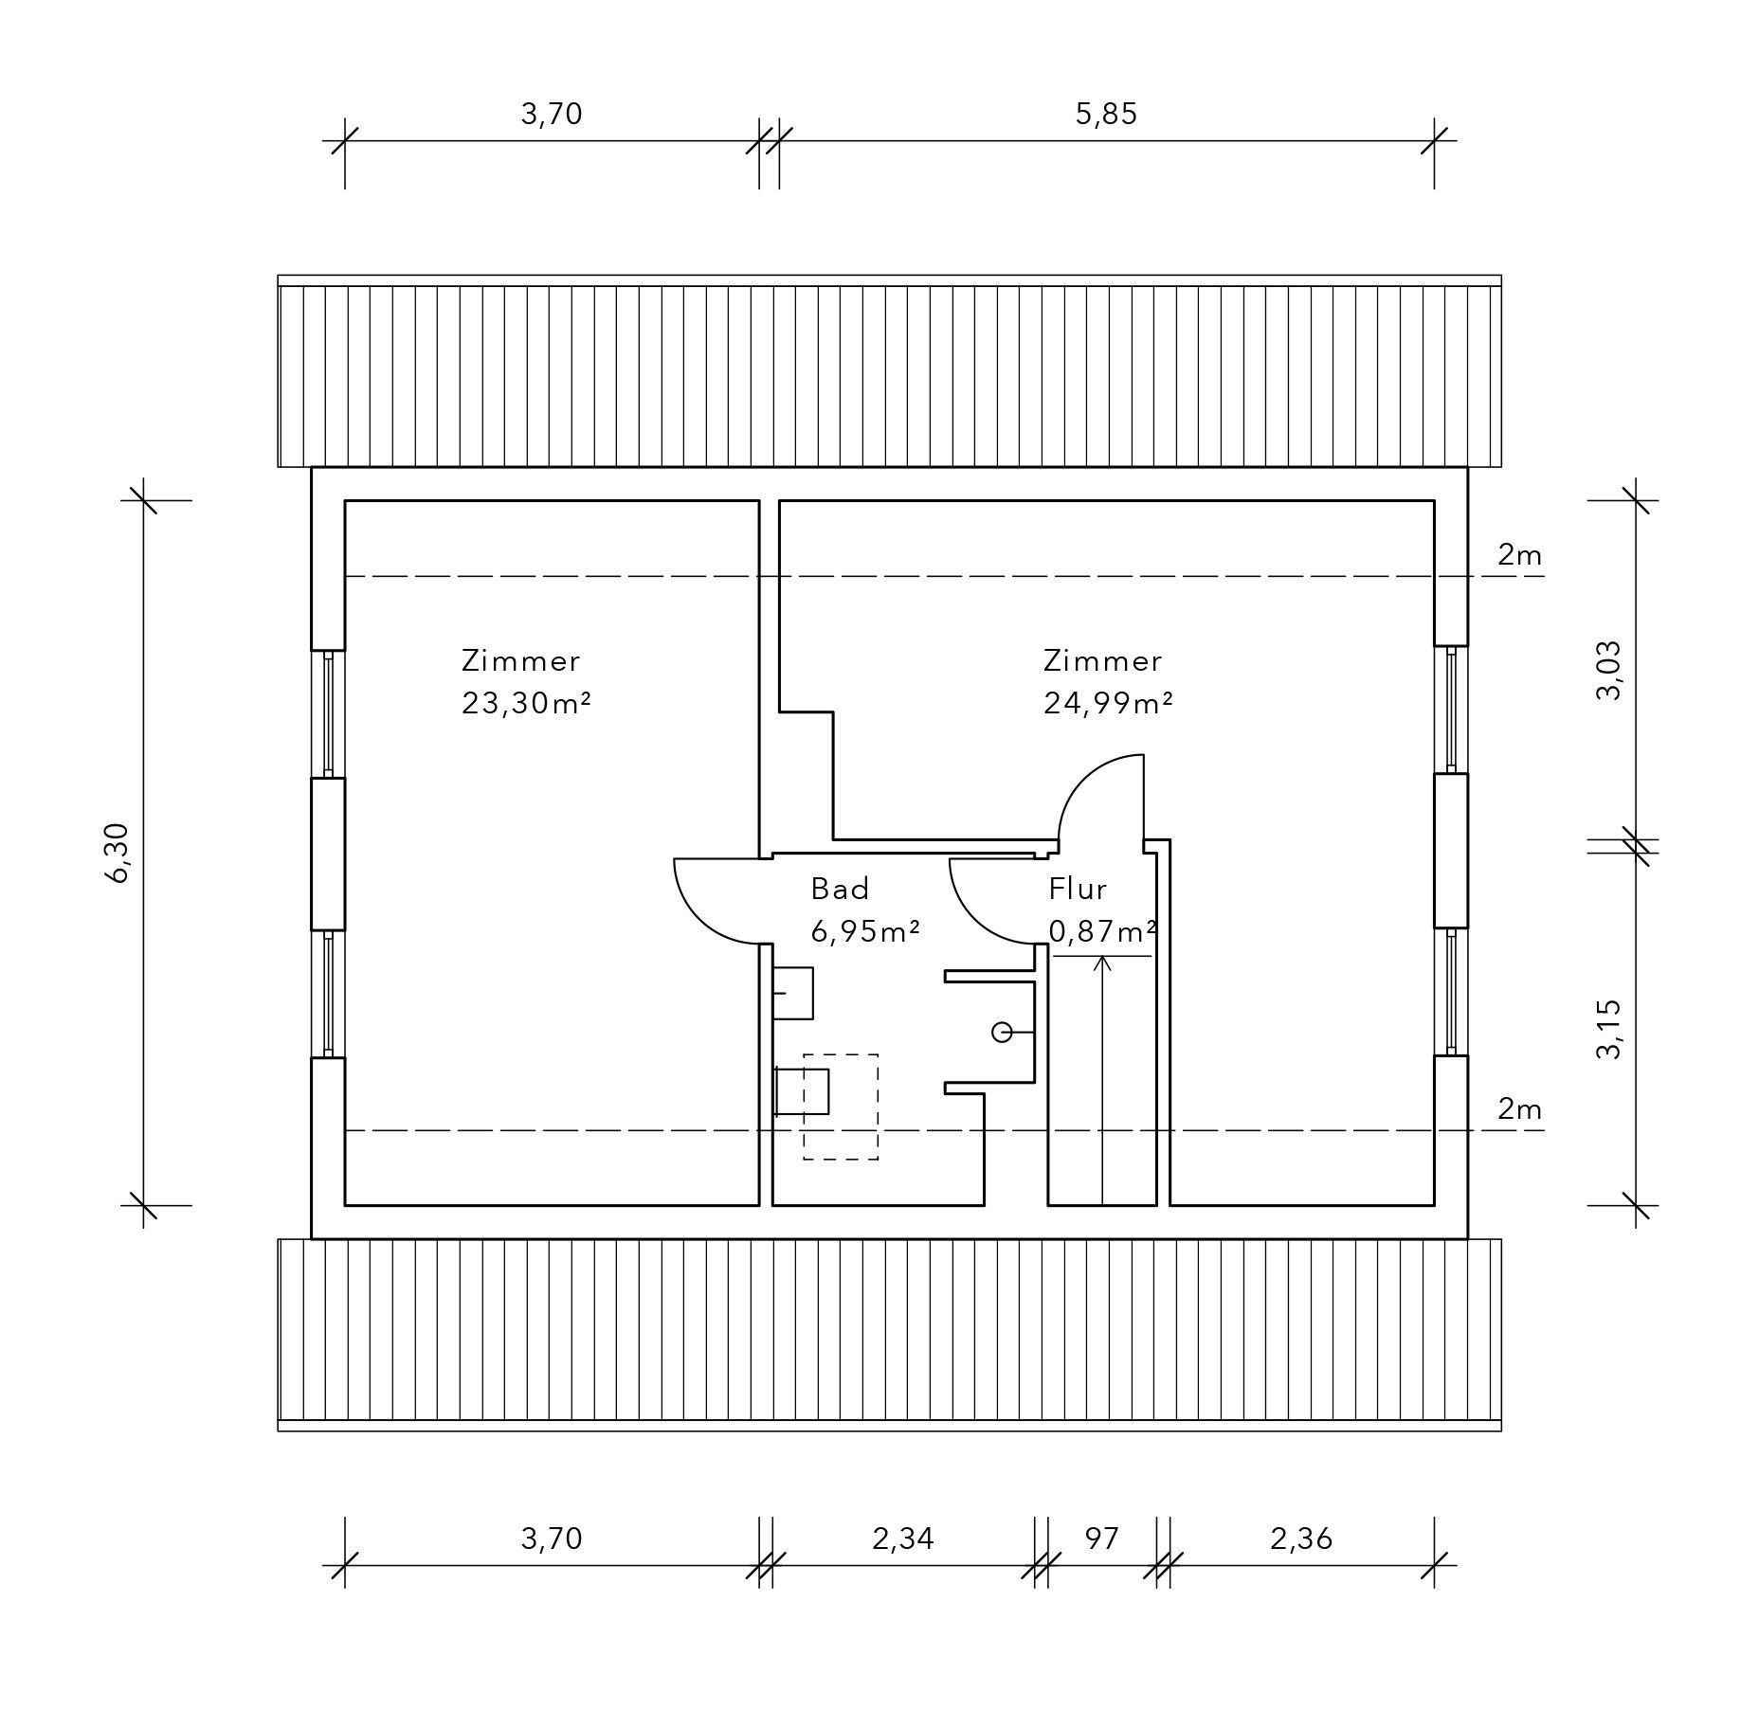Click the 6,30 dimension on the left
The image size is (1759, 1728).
click(x=118, y=852)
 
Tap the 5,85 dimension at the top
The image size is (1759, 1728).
click(x=1106, y=114)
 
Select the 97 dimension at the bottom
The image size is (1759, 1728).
click(x=1102, y=1538)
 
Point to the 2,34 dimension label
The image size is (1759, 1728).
click(x=903, y=1539)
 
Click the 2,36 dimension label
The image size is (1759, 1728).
click(x=1301, y=1539)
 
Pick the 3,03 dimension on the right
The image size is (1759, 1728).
click(x=1608, y=670)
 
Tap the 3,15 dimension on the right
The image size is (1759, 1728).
click(x=1608, y=1029)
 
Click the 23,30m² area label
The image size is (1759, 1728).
click(x=527, y=703)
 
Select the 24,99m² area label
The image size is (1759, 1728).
click(x=1109, y=703)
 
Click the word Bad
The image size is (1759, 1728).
click(x=840, y=889)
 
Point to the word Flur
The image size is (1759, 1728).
click(x=1078, y=889)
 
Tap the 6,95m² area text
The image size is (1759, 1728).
click(x=865, y=931)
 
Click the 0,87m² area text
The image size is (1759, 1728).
click(x=1103, y=931)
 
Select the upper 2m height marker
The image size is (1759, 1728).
click(x=1519, y=554)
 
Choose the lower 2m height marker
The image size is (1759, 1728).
click(x=1519, y=1108)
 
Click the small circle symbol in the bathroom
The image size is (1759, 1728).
click(x=1002, y=1032)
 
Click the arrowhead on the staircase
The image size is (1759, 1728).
click(x=1102, y=963)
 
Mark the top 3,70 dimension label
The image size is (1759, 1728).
click(x=552, y=114)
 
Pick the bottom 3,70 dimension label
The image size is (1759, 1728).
click(x=552, y=1539)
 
